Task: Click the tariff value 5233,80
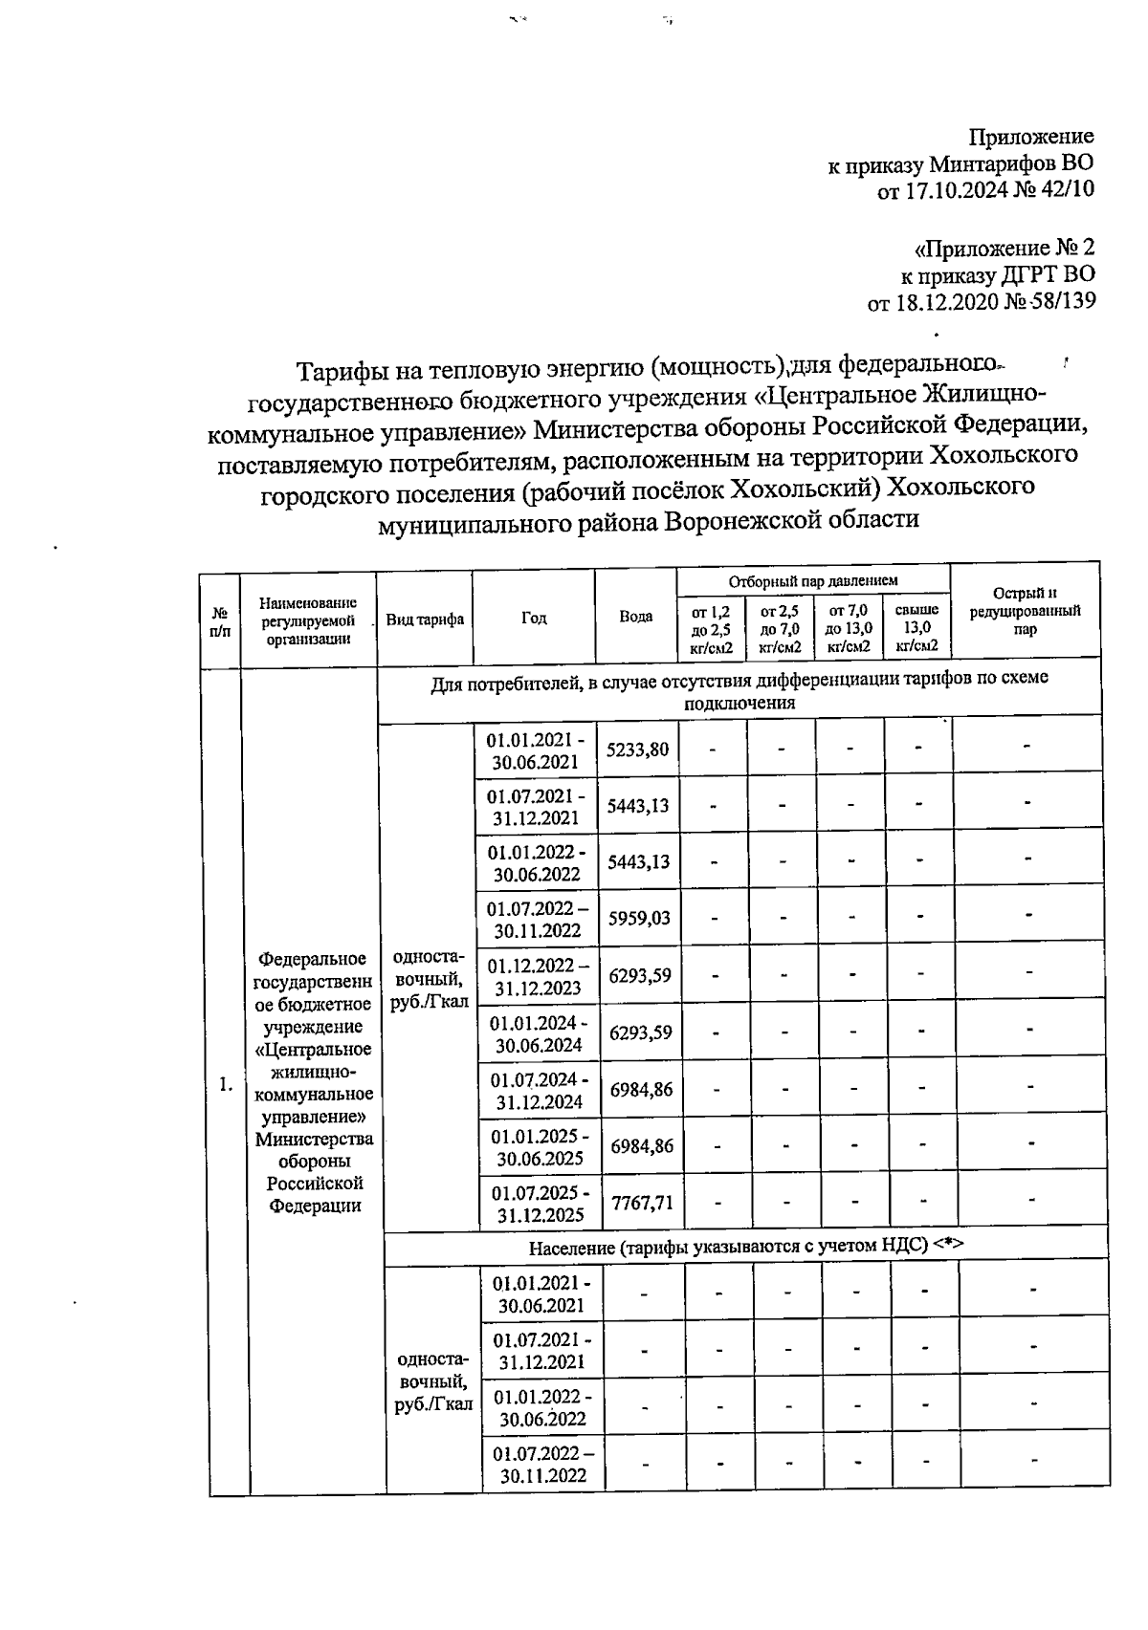(x=638, y=750)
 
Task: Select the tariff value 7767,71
(x=642, y=1202)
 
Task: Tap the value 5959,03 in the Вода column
(x=639, y=919)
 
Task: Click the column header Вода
(x=635, y=617)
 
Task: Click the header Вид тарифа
(x=425, y=619)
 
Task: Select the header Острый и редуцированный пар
(x=1025, y=611)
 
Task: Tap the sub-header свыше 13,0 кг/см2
(x=916, y=627)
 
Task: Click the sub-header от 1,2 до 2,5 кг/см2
(x=711, y=628)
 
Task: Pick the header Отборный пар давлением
(x=813, y=580)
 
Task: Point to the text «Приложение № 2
(x=1004, y=249)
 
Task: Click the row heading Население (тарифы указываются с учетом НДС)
(x=745, y=1246)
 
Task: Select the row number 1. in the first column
(x=226, y=1084)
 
